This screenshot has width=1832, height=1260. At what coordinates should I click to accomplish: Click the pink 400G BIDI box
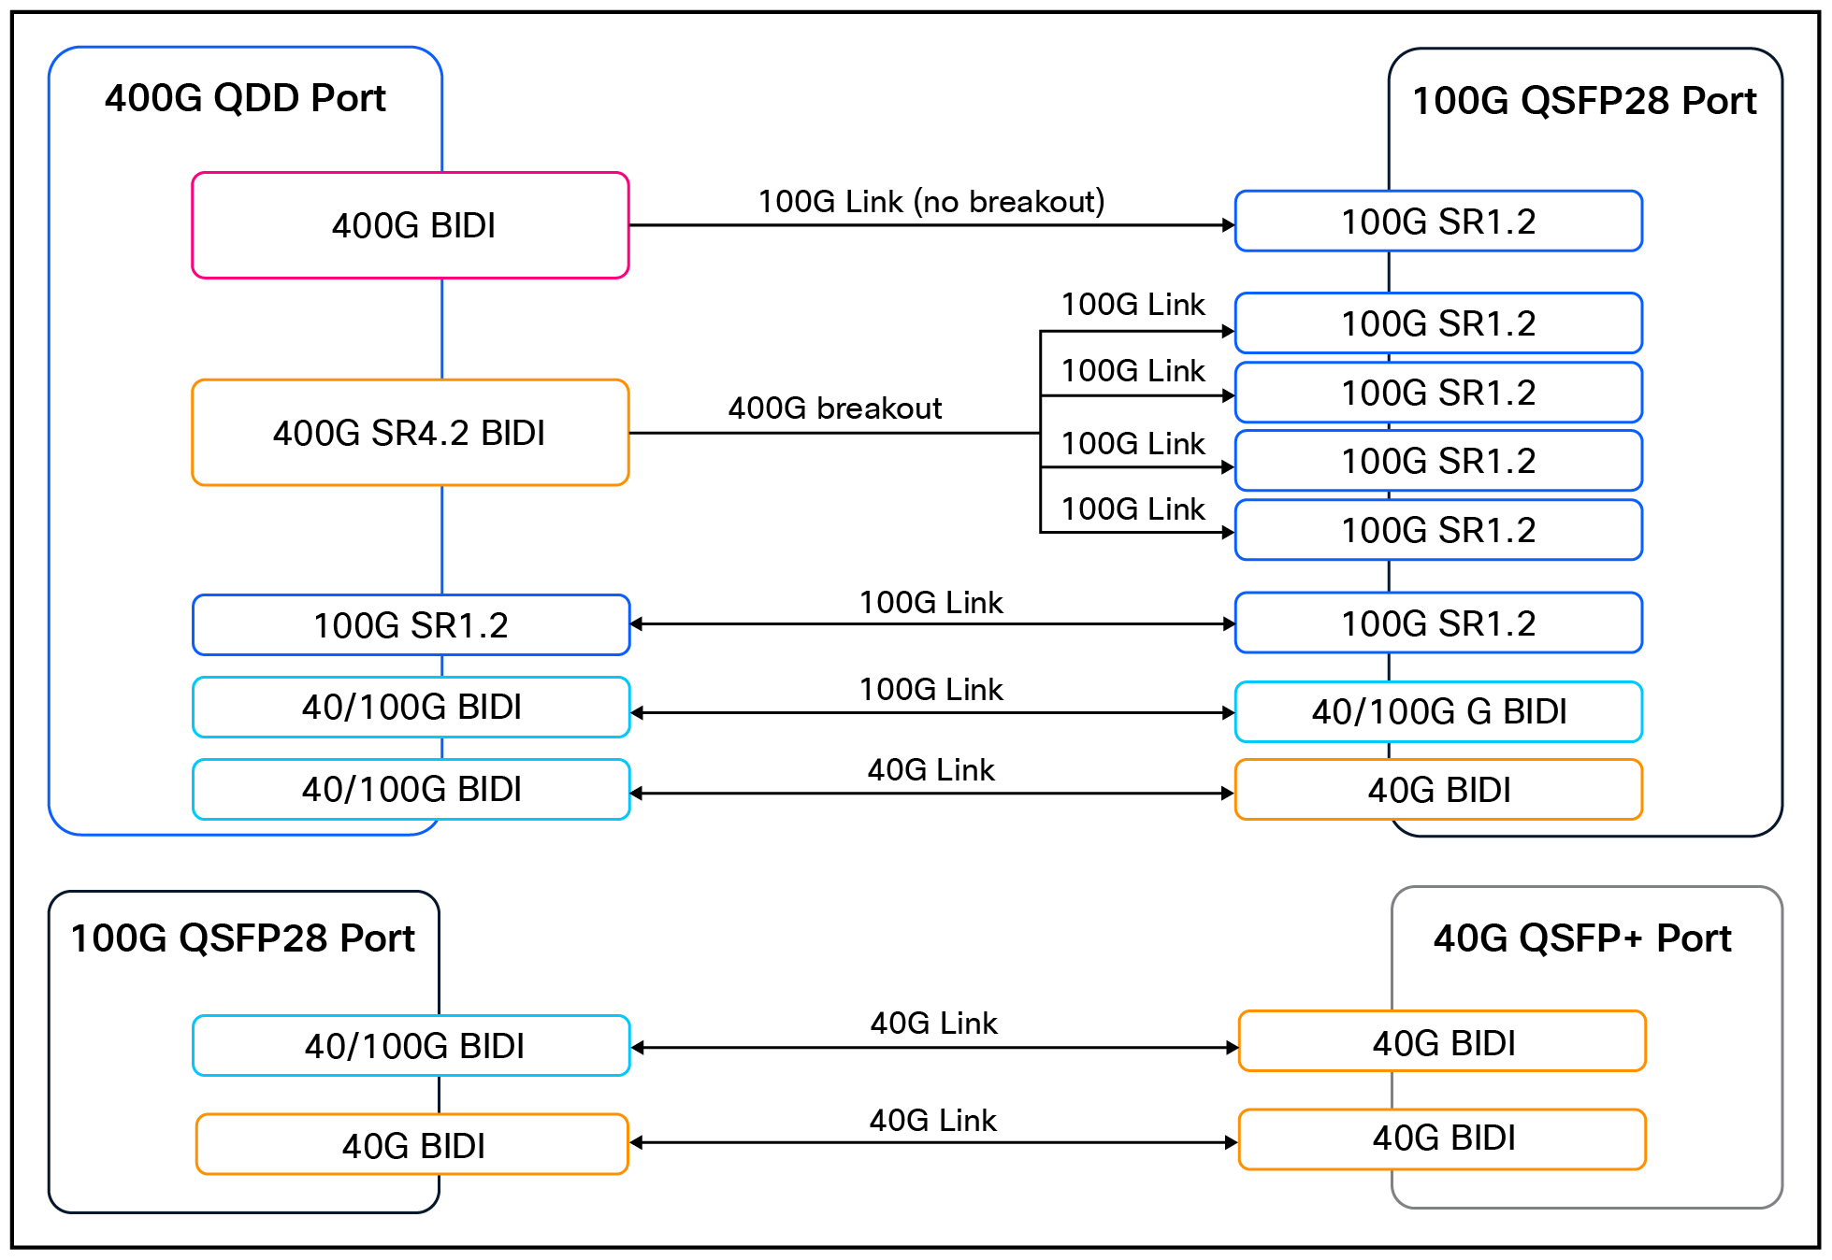pos(411,225)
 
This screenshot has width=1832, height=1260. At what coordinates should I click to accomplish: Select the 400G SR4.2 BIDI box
pos(411,433)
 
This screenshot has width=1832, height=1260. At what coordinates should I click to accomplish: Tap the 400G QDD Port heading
pos(245,98)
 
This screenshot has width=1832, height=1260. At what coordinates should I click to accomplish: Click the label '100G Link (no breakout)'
pos(930,201)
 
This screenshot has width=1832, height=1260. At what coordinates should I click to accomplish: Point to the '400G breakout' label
pos(834,408)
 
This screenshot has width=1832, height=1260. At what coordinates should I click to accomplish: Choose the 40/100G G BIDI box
pos(1438,712)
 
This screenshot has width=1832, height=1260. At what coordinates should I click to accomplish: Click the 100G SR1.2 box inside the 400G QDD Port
pos(411,625)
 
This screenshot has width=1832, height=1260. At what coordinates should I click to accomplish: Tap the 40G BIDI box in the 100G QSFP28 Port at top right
pos(1438,790)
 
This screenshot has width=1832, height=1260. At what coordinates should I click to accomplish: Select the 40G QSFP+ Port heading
pos(1582,938)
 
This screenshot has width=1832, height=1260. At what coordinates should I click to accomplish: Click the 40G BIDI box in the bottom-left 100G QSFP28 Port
pos(412,1145)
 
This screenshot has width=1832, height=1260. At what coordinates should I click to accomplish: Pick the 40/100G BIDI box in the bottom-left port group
pos(412,1046)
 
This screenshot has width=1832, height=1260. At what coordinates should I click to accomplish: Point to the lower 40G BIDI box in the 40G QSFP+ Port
pos(1442,1138)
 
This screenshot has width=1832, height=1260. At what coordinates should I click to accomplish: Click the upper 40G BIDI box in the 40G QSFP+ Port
pos(1442,1042)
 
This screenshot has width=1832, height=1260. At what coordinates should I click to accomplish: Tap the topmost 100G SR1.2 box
pos(1438,222)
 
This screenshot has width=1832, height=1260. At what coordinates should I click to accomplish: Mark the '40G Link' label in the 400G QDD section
pos(930,770)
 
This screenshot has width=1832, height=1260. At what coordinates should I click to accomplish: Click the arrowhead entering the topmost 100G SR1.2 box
pos(1228,225)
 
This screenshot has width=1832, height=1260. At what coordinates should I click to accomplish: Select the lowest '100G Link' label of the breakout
pos(1132,509)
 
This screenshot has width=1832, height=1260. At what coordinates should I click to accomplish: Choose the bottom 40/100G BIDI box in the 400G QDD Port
pos(411,790)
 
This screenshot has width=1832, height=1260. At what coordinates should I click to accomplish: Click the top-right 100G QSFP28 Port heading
pos(1584,101)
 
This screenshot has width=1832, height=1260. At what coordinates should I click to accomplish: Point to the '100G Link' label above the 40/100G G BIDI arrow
pos(930,690)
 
